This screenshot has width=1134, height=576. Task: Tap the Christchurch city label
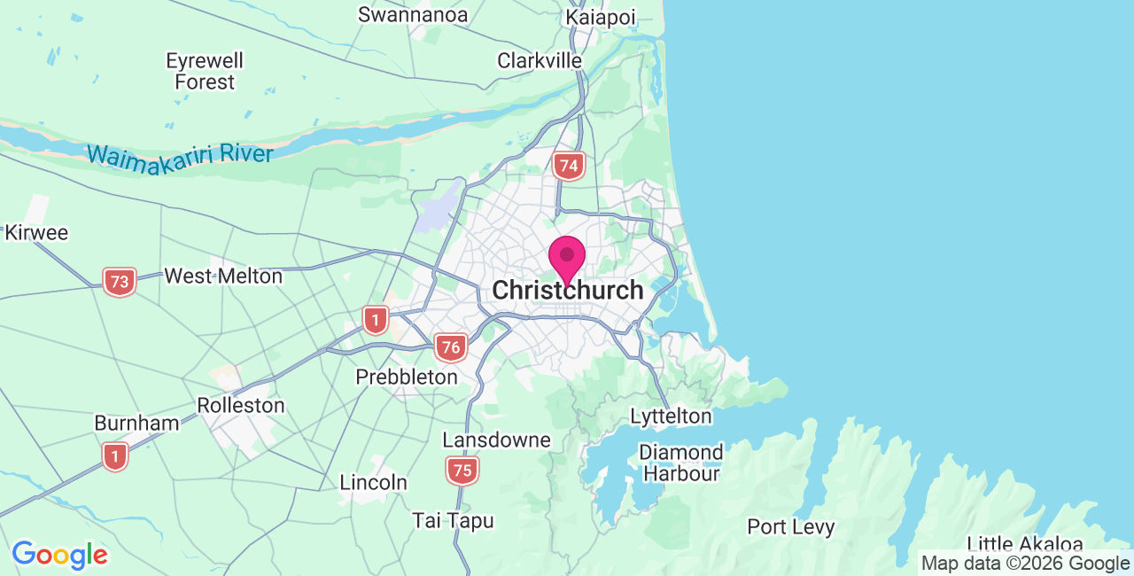[567, 290]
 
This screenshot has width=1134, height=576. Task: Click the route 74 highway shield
[568, 166]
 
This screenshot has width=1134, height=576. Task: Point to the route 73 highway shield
[120, 282]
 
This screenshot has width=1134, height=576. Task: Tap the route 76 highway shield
[451, 346]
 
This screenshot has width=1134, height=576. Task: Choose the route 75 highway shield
[462, 471]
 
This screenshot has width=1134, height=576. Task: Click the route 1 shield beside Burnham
[114, 456]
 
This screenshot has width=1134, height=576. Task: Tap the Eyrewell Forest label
[205, 72]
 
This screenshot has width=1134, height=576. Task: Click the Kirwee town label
[36, 233]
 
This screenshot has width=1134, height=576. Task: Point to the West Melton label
[223, 276]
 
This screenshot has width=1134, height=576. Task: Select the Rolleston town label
[241, 406]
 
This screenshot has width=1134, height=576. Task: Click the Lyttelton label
[671, 416]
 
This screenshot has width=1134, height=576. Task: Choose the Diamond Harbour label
[681, 463]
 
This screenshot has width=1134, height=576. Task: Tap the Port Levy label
[791, 527]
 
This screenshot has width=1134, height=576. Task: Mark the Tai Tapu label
[453, 521]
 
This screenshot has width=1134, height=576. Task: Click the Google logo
[59, 556]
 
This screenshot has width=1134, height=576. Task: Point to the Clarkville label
[540, 61]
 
